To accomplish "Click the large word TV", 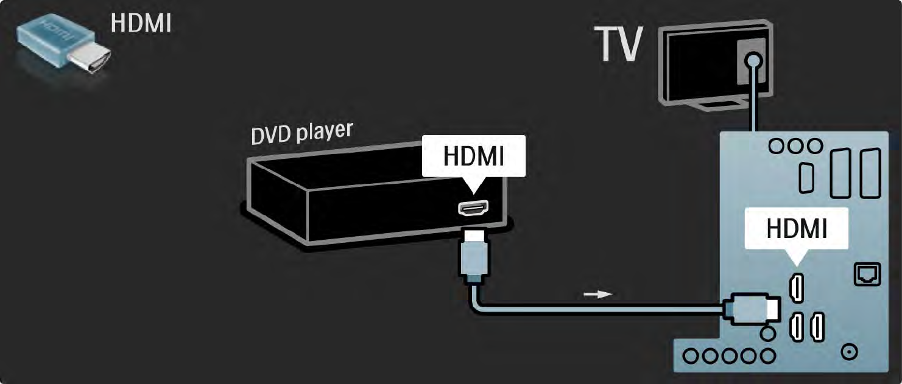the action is click(x=619, y=44).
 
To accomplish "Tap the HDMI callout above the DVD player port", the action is click(x=473, y=156).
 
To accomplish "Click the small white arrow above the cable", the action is click(x=596, y=295).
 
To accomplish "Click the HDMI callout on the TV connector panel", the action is click(x=797, y=229).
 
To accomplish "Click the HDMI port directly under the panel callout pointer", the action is click(x=796, y=287).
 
